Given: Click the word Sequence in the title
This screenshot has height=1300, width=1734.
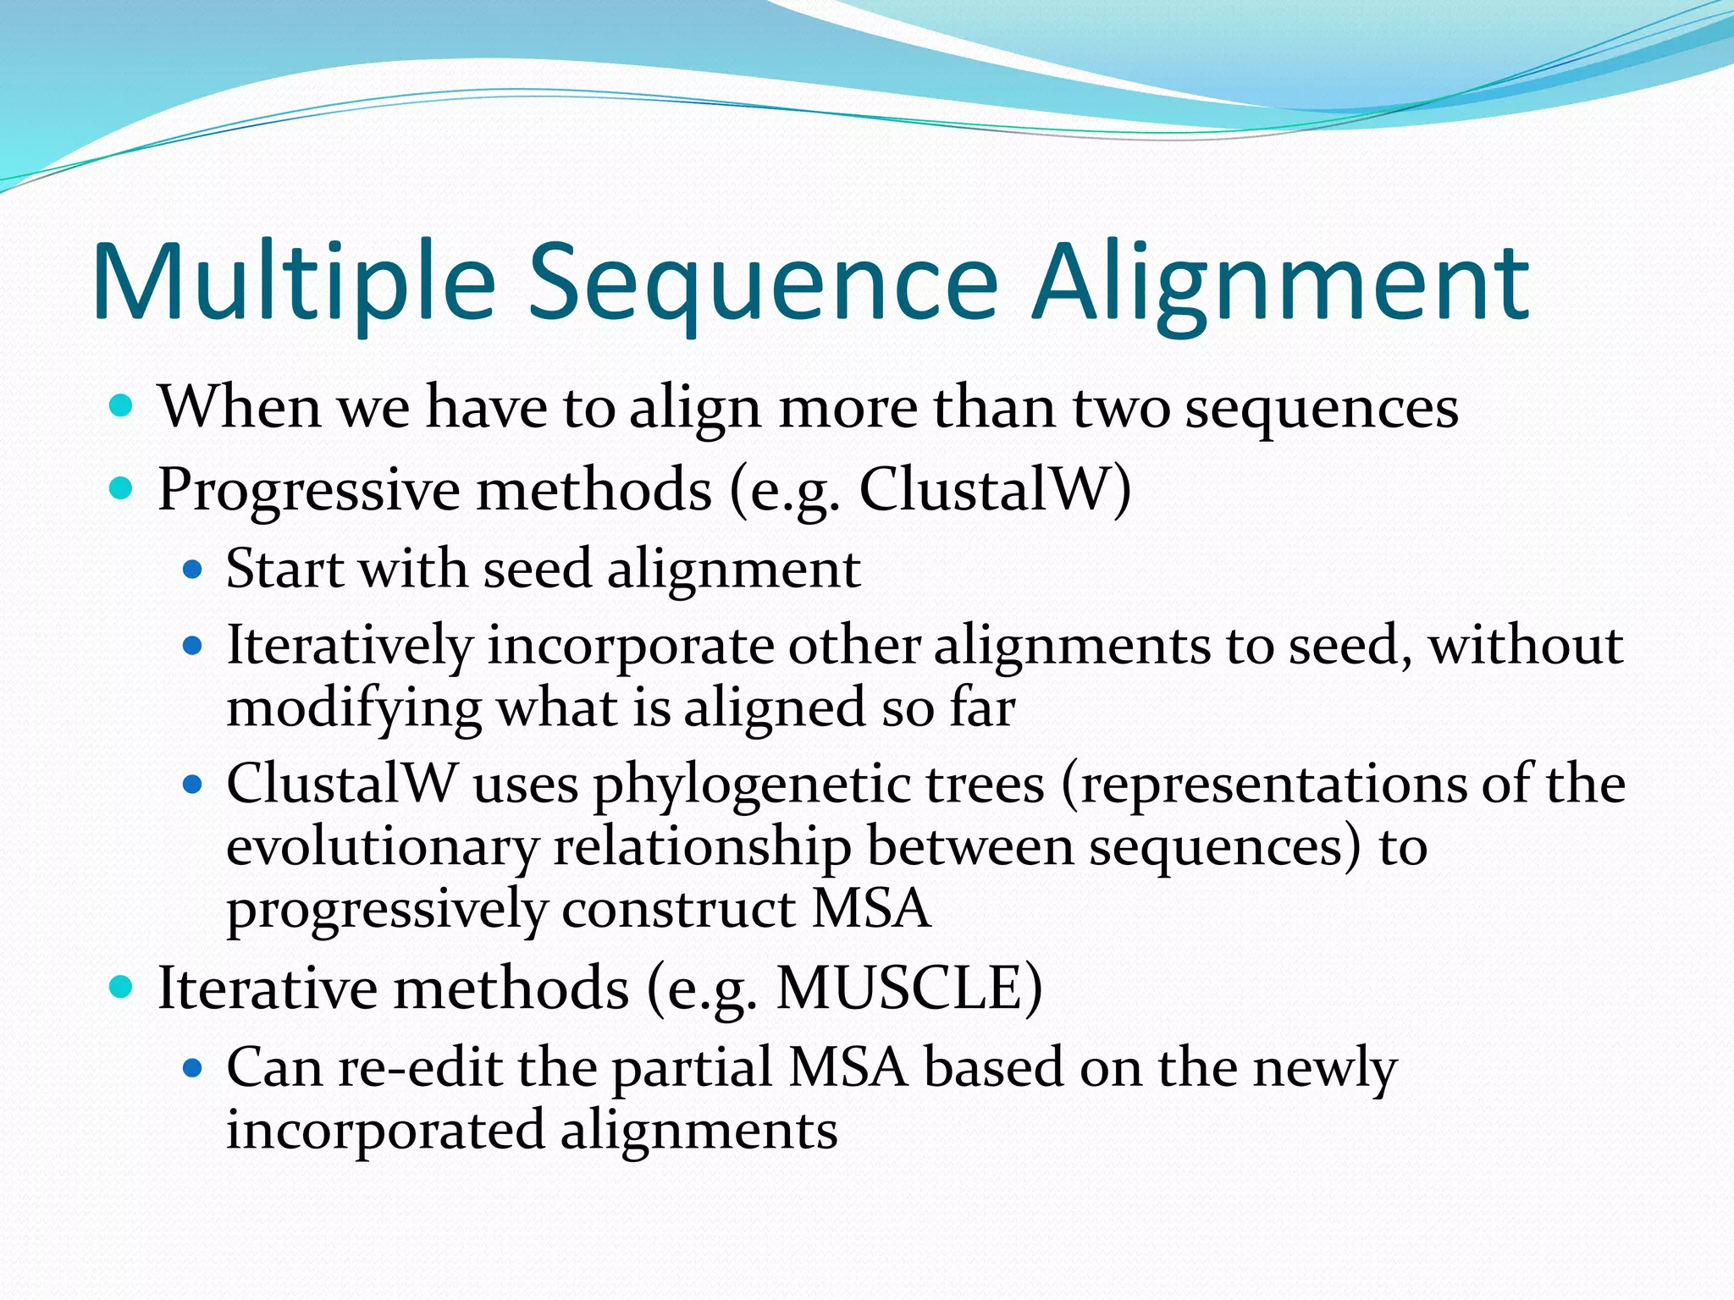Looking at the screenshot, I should tap(762, 284).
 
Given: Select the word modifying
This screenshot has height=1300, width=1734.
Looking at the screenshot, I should tap(354, 709).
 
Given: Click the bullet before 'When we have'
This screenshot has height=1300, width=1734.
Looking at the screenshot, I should tap(122, 406).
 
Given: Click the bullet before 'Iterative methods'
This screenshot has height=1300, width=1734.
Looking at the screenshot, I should tap(122, 987).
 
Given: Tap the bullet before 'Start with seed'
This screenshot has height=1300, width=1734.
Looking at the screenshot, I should tap(193, 570).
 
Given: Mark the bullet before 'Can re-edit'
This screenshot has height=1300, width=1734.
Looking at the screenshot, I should tap(193, 1068).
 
